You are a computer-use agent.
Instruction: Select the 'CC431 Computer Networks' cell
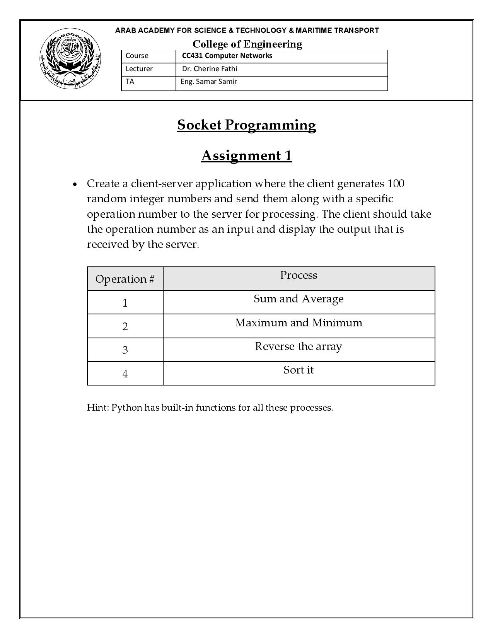[x=227, y=56]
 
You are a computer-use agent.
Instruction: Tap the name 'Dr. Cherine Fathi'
[x=210, y=69]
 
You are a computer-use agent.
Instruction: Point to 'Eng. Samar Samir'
[x=209, y=82]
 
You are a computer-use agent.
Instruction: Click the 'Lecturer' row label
[x=139, y=69]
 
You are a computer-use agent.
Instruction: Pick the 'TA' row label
[x=130, y=82]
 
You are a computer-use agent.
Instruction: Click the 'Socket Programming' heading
[x=246, y=125]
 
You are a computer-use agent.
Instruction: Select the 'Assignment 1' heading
[x=246, y=155]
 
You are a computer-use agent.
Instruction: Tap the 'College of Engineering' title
[x=247, y=44]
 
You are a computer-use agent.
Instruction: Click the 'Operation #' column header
[x=125, y=279]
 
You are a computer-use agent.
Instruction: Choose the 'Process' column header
[x=299, y=275]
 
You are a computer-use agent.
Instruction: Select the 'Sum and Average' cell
[x=299, y=299]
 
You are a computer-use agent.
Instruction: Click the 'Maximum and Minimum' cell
[x=299, y=322]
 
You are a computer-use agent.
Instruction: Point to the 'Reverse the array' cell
[x=299, y=346]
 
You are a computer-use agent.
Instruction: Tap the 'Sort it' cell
[x=299, y=370]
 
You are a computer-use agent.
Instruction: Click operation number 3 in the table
[x=125, y=350]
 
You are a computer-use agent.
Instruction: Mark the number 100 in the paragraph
[x=396, y=183]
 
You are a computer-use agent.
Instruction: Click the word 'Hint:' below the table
[x=98, y=408]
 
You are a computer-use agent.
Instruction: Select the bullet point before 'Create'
[x=75, y=184]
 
